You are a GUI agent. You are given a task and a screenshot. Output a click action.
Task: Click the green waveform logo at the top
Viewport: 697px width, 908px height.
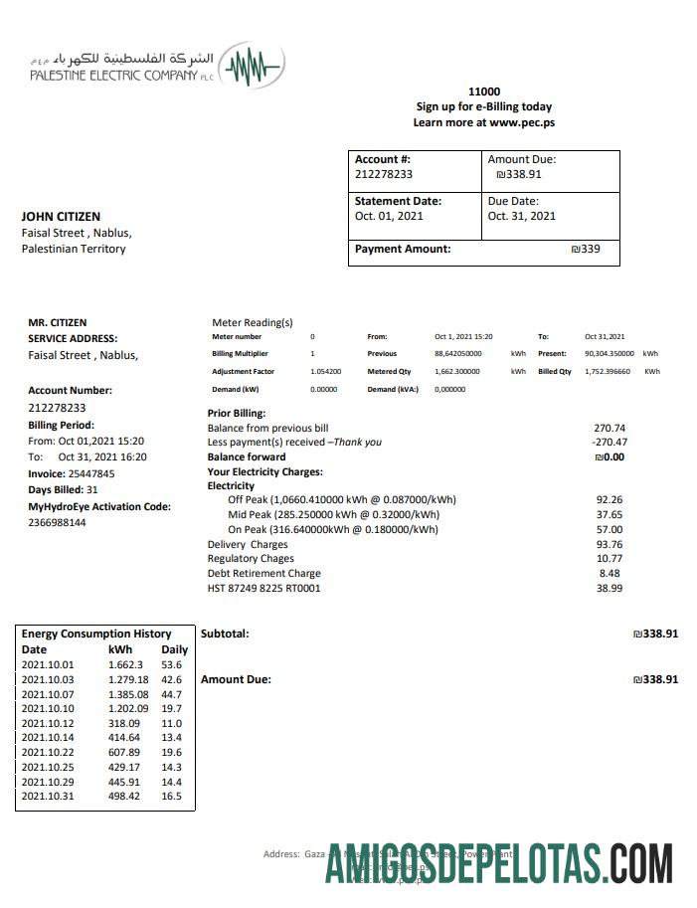point(254,67)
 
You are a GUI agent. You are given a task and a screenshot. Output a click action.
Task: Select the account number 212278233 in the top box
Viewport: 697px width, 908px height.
point(384,174)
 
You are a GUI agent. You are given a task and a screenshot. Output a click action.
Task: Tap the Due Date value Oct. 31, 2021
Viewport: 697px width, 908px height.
point(521,216)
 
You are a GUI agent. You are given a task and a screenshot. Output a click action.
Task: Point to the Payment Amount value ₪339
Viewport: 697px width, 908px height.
point(586,249)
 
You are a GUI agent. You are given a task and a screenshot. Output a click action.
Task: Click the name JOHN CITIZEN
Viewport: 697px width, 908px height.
point(61,217)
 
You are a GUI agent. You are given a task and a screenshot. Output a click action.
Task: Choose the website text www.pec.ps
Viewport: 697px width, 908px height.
point(521,122)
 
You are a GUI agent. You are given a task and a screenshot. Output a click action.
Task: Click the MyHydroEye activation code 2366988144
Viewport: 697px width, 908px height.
point(57,522)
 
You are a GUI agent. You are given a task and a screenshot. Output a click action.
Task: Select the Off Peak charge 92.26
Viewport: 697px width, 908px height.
point(609,499)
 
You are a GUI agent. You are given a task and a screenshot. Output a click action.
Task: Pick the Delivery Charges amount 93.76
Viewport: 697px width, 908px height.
point(609,544)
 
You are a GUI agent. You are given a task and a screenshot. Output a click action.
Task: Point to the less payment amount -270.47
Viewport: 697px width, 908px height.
point(609,442)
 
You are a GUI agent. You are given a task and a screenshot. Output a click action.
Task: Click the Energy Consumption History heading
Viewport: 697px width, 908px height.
point(95,634)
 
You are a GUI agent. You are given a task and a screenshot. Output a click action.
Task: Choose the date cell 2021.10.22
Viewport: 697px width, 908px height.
point(47,753)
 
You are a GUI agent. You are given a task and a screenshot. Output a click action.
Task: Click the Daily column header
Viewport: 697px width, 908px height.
point(174,649)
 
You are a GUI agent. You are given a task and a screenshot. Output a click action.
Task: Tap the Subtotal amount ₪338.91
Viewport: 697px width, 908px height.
point(655,634)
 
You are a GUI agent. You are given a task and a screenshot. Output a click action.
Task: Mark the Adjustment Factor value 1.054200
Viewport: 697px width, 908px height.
point(325,371)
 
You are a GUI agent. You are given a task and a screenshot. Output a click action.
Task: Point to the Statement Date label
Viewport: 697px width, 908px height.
point(398,201)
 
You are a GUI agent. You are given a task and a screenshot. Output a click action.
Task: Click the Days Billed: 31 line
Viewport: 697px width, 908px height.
point(63,490)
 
